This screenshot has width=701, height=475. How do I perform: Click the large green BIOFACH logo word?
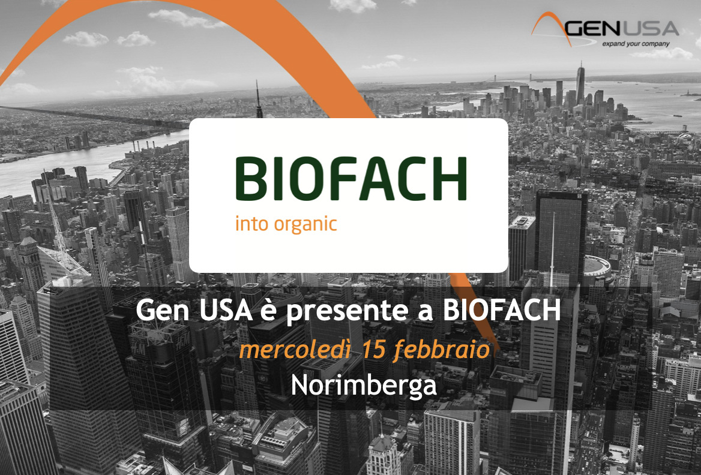[x=351, y=178]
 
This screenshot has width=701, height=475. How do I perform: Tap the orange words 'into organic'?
[x=286, y=224]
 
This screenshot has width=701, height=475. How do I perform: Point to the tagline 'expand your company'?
[x=636, y=44]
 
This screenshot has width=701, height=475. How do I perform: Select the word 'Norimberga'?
[x=364, y=385]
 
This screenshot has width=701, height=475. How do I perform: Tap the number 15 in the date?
[x=374, y=350]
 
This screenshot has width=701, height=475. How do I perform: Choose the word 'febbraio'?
[x=441, y=350]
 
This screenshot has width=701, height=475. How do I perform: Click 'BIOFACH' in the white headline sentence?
[x=502, y=309]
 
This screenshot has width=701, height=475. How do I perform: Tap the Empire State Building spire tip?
[x=257, y=81]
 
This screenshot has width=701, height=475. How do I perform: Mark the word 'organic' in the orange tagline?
[x=305, y=224]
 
